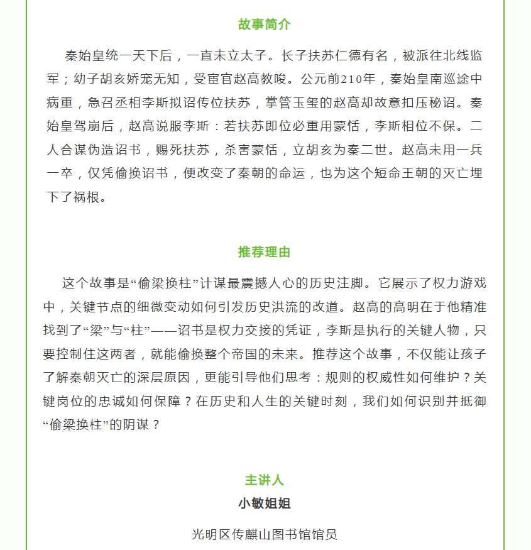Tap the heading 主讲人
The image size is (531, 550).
click(x=265, y=480)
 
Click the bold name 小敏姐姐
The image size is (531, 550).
click(x=265, y=503)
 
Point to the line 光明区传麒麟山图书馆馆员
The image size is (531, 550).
click(x=265, y=534)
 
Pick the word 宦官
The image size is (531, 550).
click(x=226, y=79)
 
